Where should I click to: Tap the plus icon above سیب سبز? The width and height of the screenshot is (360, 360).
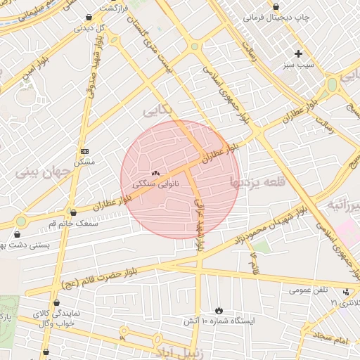tap(299, 53)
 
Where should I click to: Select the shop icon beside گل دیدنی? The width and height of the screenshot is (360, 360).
tap(88, 18)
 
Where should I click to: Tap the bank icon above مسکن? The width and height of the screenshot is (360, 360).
tap(85, 151)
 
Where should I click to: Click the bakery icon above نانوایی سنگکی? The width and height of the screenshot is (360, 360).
tap(155, 172)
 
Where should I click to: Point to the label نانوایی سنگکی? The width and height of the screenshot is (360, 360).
tap(155, 184)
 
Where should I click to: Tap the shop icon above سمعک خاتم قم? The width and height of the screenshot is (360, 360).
tap(73, 212)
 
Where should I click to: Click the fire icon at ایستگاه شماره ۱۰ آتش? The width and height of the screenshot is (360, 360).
tap(219, 310)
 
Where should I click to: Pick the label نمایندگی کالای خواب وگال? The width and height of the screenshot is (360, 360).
tap(65, 318)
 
